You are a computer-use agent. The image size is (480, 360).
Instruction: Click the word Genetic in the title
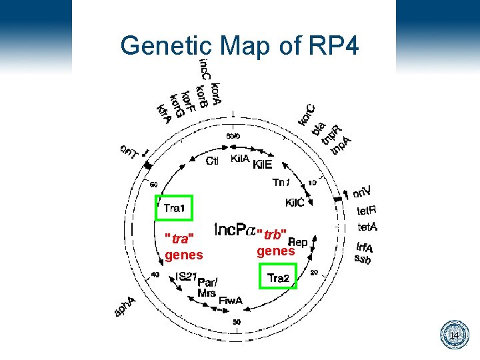[x=165, y=47]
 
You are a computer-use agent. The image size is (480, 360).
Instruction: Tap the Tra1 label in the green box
[x=174, y=209]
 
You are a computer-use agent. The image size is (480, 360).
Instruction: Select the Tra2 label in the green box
[x=278, y=278]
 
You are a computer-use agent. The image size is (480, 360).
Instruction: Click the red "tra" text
[x=179, y=239]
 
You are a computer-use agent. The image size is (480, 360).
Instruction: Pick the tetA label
[x=368, y=227]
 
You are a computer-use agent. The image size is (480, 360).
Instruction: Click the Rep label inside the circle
[x=297, y=243]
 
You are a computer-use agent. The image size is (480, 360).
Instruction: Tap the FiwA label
[x=231, y=301]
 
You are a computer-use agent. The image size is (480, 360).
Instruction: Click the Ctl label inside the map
[x=213, y=161]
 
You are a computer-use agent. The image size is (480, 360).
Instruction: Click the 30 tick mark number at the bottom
[x=237, y=323]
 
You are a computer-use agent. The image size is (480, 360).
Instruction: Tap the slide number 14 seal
[x=454, y=334]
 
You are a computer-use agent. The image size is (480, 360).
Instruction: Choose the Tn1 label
[x=283, y=182]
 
